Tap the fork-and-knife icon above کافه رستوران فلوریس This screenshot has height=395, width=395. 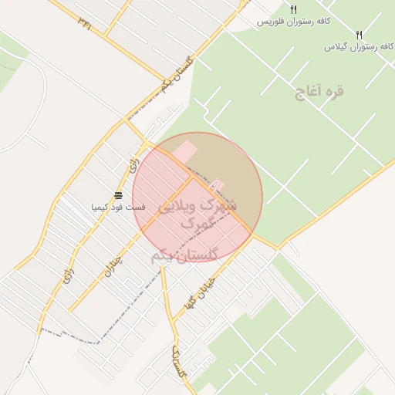293,9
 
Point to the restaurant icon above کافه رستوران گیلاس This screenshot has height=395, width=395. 358,35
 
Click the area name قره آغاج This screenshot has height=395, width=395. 319,91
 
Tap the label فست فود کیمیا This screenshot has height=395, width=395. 117,207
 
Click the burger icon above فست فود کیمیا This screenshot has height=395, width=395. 118,195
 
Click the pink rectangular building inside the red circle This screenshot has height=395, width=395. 184,150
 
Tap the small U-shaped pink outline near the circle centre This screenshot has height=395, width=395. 217,185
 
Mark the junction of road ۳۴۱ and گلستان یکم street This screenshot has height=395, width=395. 164,80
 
